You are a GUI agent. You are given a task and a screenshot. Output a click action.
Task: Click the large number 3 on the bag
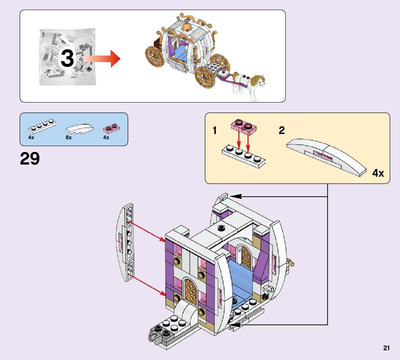(x=67, y=58)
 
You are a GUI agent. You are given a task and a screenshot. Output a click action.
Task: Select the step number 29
(x=30, y=159)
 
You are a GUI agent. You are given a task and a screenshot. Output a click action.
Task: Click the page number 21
(x=386, y=348)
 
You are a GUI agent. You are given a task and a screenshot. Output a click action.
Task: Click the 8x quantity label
(x=68, y=137)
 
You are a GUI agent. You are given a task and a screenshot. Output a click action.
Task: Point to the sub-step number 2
(x=281, y=131)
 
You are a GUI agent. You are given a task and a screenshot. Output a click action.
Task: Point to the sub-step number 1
(x=215, y=131)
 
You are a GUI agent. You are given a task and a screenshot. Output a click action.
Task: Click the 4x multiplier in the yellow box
(x=378, y=173)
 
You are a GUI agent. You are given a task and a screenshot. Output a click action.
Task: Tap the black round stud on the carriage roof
(x=221, y=228)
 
